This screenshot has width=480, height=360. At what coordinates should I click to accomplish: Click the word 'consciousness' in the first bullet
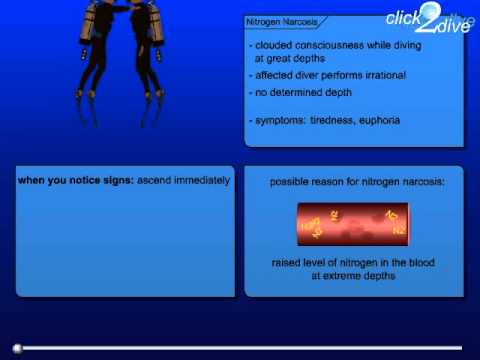324,46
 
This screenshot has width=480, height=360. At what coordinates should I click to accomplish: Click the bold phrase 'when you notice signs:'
68,181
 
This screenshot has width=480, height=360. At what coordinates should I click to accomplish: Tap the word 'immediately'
198,181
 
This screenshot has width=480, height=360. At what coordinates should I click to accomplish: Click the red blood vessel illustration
354,226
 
